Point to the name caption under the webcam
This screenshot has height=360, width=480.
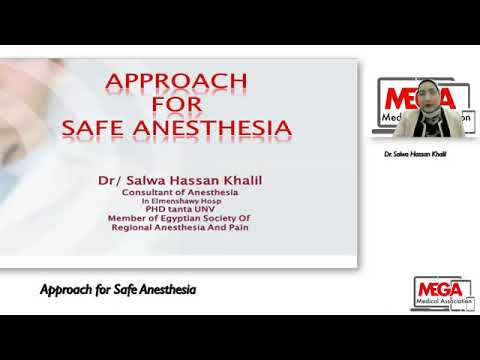(415, 154)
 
